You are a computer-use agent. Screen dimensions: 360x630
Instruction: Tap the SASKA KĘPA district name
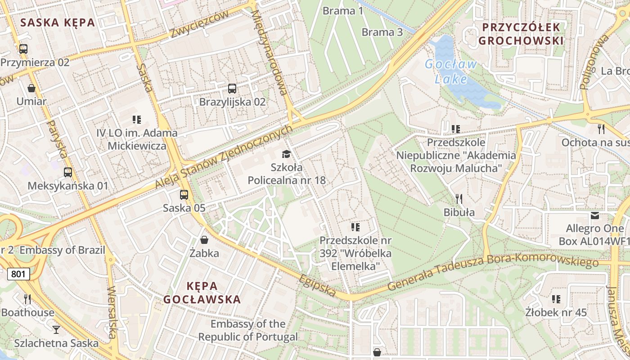(58, 22)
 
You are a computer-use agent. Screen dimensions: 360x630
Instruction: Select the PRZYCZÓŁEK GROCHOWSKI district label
(521, 34)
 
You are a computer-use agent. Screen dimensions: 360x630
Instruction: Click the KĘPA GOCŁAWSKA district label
(202, 292)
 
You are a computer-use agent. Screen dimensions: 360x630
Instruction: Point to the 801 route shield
(18, 273)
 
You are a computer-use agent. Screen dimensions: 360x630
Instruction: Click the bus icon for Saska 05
(184, 195)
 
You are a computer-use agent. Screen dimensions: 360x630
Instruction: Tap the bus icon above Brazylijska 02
(232, 89)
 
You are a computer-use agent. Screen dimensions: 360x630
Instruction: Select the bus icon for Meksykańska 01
(68, 172)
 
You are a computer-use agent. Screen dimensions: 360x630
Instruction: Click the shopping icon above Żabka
(204, 240)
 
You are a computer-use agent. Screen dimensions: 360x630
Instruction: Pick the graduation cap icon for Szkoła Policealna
(286, 154)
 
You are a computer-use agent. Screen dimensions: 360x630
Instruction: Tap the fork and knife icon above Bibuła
(459, 198)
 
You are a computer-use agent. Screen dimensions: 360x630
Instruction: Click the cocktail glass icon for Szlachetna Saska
(56, 330)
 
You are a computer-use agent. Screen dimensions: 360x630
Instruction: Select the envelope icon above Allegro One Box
(595, 216)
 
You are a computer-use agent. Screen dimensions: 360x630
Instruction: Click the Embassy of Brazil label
(62, 250)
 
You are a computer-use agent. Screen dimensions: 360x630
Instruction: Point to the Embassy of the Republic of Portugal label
(248, 330)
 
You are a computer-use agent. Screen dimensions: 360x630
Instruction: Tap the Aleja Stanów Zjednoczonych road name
(224, 157)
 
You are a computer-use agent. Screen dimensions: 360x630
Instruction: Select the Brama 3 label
(382, 32)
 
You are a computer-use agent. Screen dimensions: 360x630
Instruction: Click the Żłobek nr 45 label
(556, 312)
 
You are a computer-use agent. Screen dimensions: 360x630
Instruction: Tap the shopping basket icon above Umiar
(31, 88)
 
